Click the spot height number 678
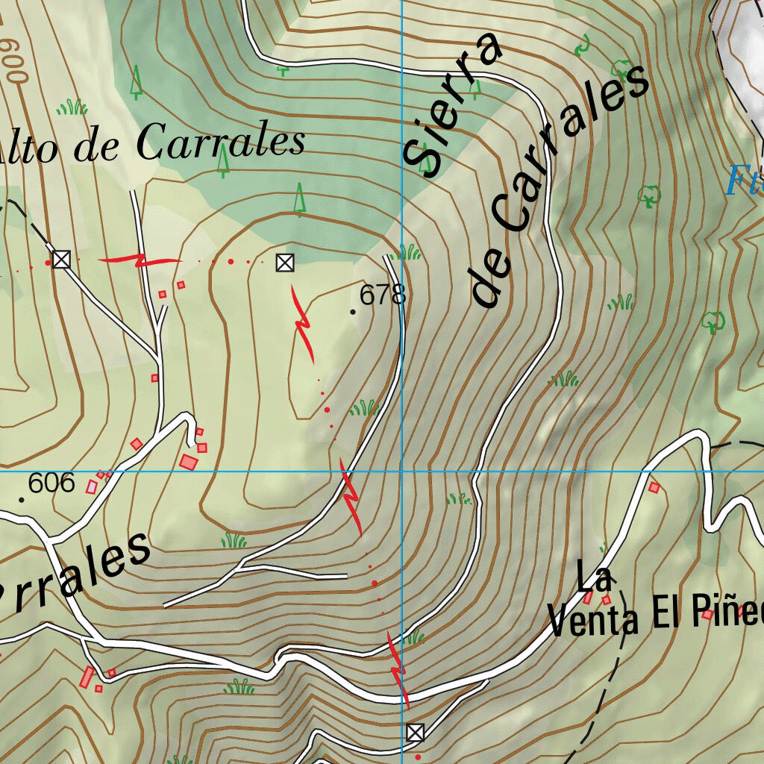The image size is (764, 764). point(382,295)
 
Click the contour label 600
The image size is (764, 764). point(13,60)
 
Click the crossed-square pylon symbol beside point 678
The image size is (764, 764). point(284,262)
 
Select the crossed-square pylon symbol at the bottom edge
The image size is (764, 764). point(416,732)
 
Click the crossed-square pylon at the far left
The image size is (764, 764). point(61,260)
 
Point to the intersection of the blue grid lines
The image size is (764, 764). point(401,472)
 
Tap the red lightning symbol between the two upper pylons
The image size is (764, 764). point(140,260)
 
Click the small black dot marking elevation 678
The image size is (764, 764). point(353,311)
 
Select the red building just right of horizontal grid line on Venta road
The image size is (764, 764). point(654,487)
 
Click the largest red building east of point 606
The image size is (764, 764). point(189,462)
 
